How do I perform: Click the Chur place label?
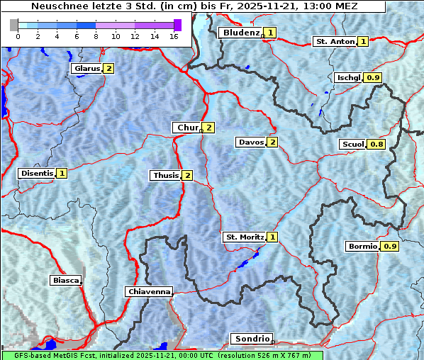tap(188, 128)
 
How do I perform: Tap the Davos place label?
tap(251, 142)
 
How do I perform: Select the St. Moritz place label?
tap(244, 237)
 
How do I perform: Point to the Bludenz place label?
tap(240, 33)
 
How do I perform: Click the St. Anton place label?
tap(334, 42)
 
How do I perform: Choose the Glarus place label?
tap(86, 69)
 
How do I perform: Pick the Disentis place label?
tap(37, 173)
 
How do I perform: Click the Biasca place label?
tap(65, 281)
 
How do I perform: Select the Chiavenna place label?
tap(149, 291)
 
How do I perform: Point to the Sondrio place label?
tap(252, 339)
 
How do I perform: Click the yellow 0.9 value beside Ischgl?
tap(374, 78)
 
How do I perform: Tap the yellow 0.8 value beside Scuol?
tap(377, 145)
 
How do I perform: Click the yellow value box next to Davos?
tap(273, 142)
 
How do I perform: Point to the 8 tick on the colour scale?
tap(96, 36)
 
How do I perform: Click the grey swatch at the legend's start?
tap(14, 25)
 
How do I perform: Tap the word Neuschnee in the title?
tap(55, 6)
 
